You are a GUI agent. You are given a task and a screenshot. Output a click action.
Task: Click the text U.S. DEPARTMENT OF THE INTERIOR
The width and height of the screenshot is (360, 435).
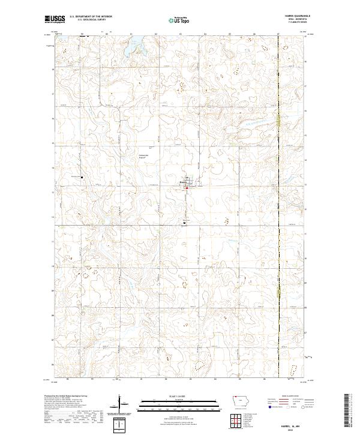coord(91,17)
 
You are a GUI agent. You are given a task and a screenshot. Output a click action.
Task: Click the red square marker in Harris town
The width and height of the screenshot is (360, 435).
coord(187,188)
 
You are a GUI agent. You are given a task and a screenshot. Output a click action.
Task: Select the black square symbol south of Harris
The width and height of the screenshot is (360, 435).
coord(184,223)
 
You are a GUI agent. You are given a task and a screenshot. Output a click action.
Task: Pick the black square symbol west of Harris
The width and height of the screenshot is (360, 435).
coord(82,178)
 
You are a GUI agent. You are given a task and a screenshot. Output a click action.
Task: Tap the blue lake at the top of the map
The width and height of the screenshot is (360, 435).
coord(134,43)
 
